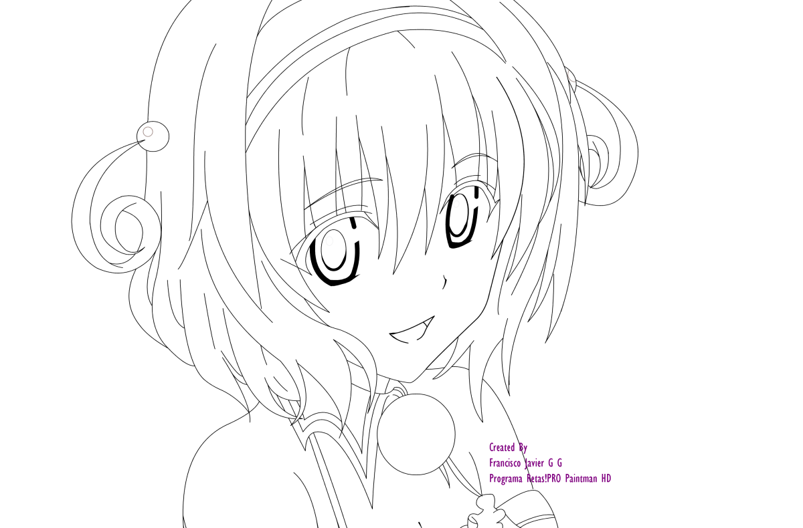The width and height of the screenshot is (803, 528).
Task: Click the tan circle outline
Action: pos(148,132)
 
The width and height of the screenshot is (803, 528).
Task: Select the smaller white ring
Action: pos(456,204)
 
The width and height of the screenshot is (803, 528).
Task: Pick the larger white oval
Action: pos(329,241)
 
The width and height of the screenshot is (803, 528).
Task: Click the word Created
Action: pos(502,447)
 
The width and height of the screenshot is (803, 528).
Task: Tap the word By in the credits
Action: pos(523,447)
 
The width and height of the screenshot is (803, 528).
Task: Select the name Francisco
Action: pos(505,463)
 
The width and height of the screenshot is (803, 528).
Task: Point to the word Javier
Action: pos(535,463)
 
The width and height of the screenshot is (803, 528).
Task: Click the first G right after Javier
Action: pos(550,463)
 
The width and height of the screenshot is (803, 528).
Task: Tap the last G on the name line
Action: pos(559,463)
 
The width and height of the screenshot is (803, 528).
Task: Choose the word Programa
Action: pos(505,479)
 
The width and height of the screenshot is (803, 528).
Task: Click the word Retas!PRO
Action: pos(543,479)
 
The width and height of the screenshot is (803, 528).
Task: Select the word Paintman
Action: pos(581,479)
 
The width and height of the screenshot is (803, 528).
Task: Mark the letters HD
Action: pos(606,479)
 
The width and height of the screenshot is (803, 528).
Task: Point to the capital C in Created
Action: pos(491,447)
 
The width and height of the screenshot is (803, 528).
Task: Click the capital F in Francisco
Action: pos(491,463)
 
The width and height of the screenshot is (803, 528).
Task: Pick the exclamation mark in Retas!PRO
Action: pos(546,479)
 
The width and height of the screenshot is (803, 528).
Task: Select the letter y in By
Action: pos(525,448)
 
